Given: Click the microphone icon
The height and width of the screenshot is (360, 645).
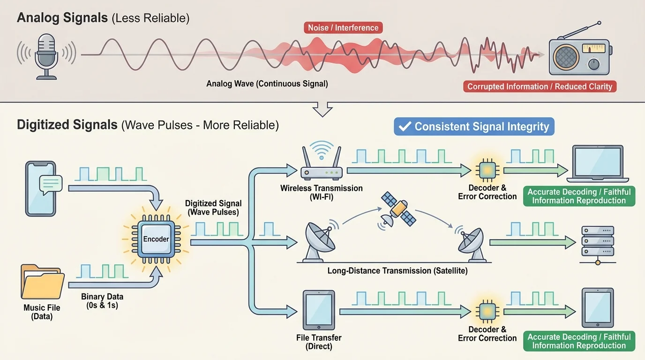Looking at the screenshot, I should tap(46, 55).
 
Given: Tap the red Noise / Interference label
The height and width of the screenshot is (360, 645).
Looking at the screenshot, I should tap(343, 28).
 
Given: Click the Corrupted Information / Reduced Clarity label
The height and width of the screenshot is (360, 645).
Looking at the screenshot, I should tap(540, 87).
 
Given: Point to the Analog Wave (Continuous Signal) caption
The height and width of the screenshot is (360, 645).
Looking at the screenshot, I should tap(267, 84).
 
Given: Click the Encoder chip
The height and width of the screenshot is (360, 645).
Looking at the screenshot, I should tap(156, 239).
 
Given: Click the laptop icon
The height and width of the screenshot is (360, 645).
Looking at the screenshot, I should tap(598, 164).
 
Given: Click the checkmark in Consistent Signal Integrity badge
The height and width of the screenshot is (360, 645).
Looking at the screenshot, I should tap(405, 127).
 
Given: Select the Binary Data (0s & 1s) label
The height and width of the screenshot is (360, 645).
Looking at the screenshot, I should tap(102, 301).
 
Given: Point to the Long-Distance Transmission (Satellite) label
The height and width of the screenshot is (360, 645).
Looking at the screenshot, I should tap(397, 271).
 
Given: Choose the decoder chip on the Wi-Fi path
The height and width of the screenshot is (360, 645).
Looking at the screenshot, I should tap(487, 170).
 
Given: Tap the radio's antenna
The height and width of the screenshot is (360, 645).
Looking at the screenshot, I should tap(581, 31).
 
